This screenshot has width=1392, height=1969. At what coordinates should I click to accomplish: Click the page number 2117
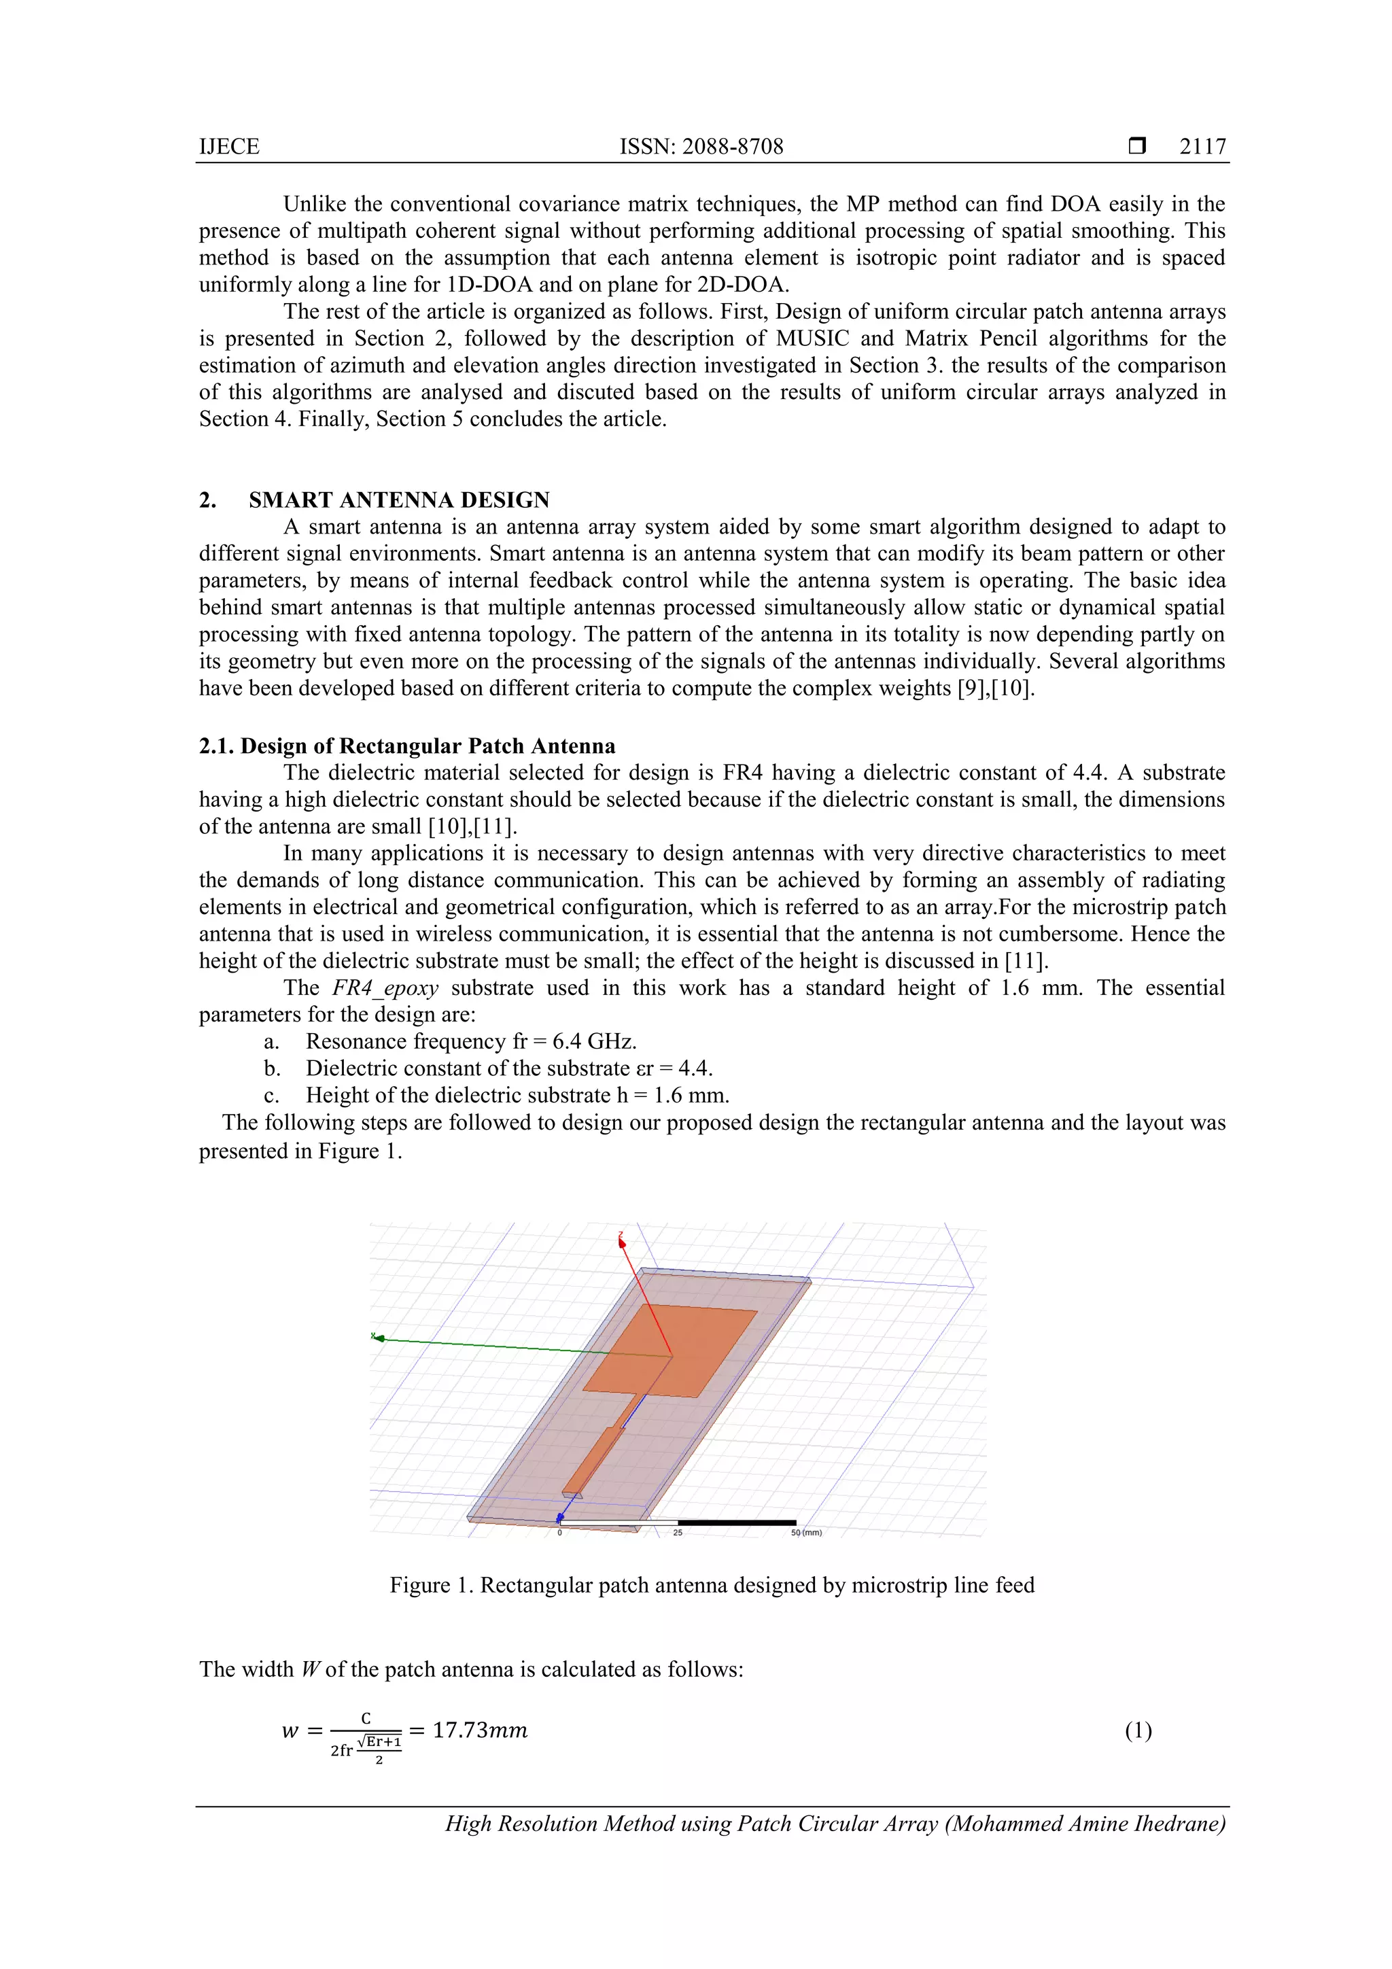tap(1202, 147)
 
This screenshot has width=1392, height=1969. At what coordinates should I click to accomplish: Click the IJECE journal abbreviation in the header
tap(229, 147)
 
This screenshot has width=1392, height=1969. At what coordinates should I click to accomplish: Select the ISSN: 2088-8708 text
tap(701, 147)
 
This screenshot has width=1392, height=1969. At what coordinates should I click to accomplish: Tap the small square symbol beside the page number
tap(1137, 145)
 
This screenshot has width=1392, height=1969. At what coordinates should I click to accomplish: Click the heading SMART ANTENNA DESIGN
tap(399, 500)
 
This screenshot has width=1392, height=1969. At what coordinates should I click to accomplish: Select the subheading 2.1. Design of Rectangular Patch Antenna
tap(407, 746)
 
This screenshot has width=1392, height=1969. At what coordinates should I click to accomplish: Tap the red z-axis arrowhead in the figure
tap(622, 1241)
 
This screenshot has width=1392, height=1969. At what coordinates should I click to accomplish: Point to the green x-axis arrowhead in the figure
tap(377, 1336)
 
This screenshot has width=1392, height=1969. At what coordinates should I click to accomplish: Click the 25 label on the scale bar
tap(678, 1533)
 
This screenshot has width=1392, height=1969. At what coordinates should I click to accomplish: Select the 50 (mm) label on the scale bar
tap(805, 1533)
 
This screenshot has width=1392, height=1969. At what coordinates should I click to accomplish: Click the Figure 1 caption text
tap(711, 1586)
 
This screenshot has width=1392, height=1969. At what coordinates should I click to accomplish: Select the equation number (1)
tap(1137, 1730)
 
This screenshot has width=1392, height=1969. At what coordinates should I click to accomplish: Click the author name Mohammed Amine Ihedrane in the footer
tap(1084, 1824)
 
